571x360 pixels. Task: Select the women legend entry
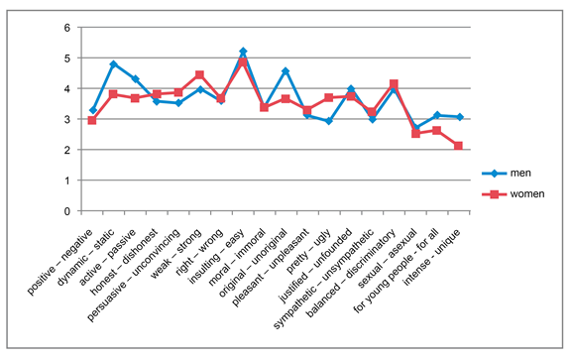click(514, 194)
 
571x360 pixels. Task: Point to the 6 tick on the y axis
click(67, 28)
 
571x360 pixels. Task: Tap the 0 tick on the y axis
click(67, 211)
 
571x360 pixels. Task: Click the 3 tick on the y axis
click(67, 120)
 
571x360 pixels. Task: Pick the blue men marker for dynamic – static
click(114, 64)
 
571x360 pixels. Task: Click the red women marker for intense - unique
click(458, 146)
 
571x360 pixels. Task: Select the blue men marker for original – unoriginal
click(285, 70)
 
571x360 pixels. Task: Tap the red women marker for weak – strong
click(199, 74)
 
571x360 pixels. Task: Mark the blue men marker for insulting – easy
click(243, 51)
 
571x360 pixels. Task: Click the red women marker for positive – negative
click(92, 120)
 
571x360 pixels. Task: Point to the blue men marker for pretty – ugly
click(329, 121)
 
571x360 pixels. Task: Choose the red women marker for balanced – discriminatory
click(394, 84)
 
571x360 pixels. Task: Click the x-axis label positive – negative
click(59, 262)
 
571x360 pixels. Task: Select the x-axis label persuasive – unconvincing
click(134, 275)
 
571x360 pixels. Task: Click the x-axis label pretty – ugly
click(309, 251)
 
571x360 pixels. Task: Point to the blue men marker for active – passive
click(135, 78)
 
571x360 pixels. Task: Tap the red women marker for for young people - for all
click(436, 131)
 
